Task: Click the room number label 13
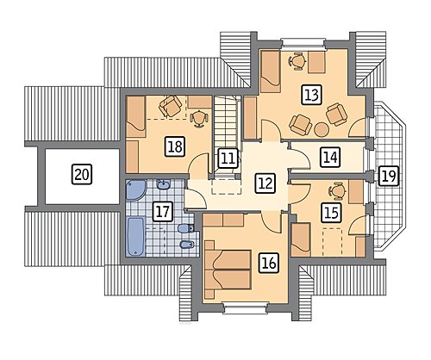click(x=312, y=95)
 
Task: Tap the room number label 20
click(x=82, y=174)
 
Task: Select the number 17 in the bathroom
click(x=163, y=212)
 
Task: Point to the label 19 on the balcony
click(x=389, y=176)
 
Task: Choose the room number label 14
click(x=330, y=158)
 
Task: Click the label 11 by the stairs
click(x=228, y=158)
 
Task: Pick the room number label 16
click(x=269, y=263)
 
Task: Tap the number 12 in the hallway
click(x=265, y=183)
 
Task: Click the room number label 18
click(x=175, y=146)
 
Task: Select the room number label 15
click(x=331, y=213)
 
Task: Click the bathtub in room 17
click(x=135, y=236)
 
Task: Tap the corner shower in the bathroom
click(x=135, y=189)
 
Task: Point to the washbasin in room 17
click(x=164, y=184)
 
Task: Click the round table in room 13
click(x=322, y=129)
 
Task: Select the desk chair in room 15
click(x=337, y=190)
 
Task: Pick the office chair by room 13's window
click(x=297, y=60)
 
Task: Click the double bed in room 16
click(x=228, y=269)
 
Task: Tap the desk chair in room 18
click(x=198, y=118)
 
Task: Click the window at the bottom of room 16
click(x=245, y=309)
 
